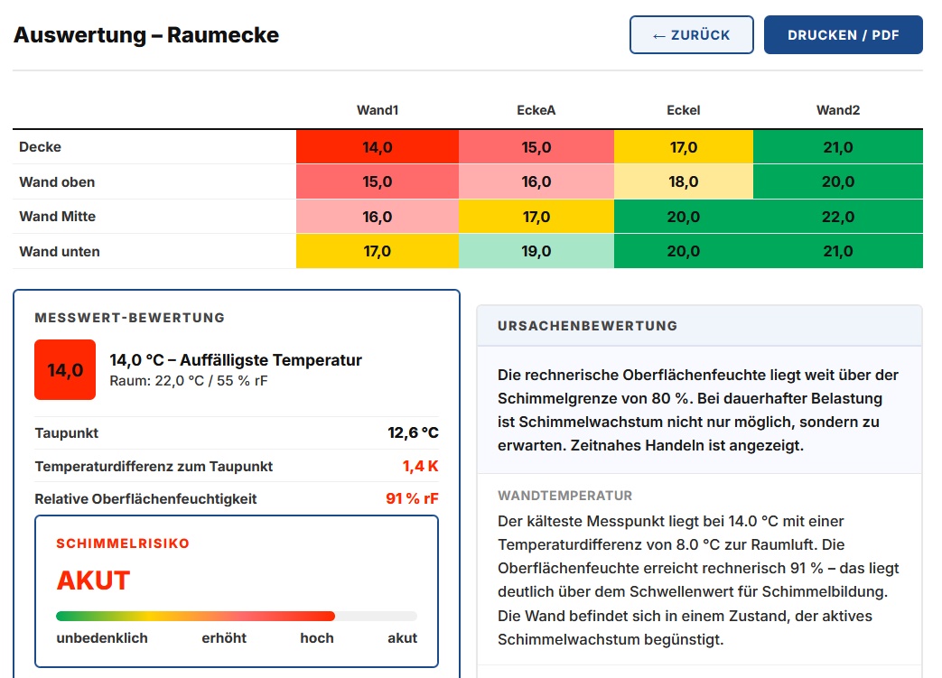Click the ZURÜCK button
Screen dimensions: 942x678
click(692, 35)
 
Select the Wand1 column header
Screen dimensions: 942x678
click(378, 110)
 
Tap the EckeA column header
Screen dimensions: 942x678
click(536, 110)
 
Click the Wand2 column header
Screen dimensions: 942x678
click(838, 110)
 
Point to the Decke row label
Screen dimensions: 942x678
click(41, 146)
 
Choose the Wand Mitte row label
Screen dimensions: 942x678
click(57, 216)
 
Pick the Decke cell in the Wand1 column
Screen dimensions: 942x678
click(378, 146)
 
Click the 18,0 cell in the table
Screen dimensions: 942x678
click(684, 181)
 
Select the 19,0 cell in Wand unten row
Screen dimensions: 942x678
click(536, 251)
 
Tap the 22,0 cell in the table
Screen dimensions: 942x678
click(838, 216)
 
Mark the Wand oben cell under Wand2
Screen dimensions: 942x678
click(838, 181)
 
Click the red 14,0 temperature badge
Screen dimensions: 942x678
click(65, 370)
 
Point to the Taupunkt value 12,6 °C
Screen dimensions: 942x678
click(413, 432)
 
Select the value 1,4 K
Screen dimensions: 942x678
click(420, 466)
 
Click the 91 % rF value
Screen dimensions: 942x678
click(412, 498)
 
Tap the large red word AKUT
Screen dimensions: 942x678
click(93, 580)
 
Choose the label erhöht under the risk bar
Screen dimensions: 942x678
click(224, 637)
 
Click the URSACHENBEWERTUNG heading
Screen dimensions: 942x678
click(587, 326)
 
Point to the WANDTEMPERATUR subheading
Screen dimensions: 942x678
click(564, 496)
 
